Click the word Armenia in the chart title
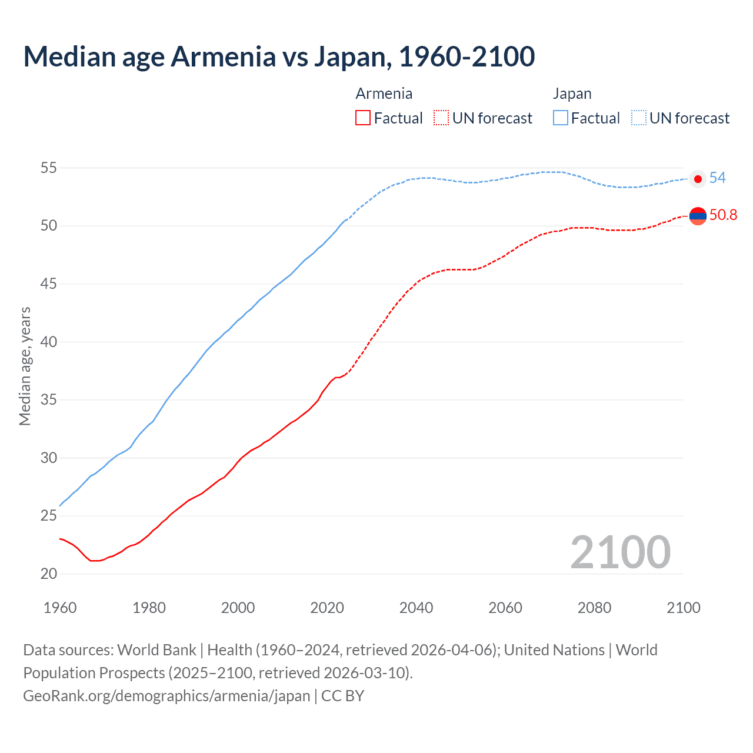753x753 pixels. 224,56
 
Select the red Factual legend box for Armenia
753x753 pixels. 363,118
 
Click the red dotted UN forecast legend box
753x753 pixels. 441,118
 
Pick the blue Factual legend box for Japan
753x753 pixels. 561,118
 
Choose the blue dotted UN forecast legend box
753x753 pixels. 639,118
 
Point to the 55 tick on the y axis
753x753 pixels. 48,168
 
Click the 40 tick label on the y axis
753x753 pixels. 48,342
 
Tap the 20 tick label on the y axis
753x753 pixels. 48,574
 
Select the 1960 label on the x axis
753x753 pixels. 60,608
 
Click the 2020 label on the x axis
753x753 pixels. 327,608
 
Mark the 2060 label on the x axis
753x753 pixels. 505,608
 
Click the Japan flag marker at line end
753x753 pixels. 698,179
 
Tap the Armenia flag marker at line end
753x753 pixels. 698,216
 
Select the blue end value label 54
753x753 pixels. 718,178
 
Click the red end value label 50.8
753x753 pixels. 723,215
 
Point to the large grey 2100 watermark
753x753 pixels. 621,552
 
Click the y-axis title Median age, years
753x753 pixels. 25,366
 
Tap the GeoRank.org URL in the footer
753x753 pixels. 166,696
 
